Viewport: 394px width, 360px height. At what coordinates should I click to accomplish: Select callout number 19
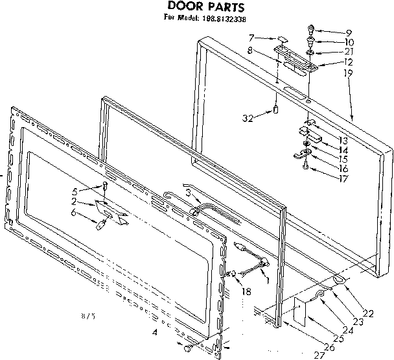[x=348, y=75]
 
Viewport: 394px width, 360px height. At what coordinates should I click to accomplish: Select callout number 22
[x=369, y=313]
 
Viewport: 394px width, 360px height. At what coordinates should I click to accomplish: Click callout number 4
[x=155, y=333]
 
